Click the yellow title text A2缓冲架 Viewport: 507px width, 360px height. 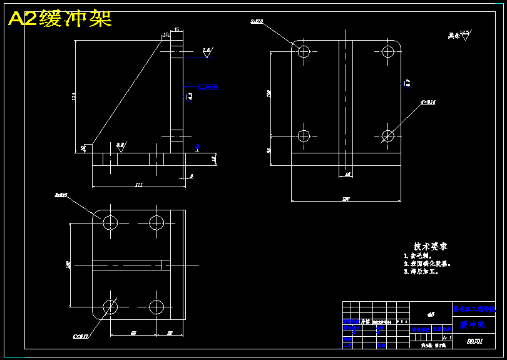point(59,19)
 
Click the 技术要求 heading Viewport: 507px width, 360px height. point(430,247)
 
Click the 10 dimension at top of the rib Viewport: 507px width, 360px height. point(166,34)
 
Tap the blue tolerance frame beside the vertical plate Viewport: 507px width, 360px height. point(208,86)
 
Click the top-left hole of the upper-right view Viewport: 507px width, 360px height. point(304,51)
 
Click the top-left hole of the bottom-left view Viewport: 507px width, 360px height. point(111,222)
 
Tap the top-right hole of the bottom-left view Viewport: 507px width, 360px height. point(156,222)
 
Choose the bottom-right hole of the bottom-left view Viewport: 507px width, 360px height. point(156,306)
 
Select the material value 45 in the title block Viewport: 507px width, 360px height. point(431,314)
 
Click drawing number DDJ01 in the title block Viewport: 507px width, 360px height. point(474,341)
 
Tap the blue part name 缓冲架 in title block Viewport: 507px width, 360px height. point(473,325)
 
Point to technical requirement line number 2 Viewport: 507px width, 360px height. point(429,264)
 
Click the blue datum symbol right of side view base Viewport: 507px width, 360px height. point(197,147)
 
